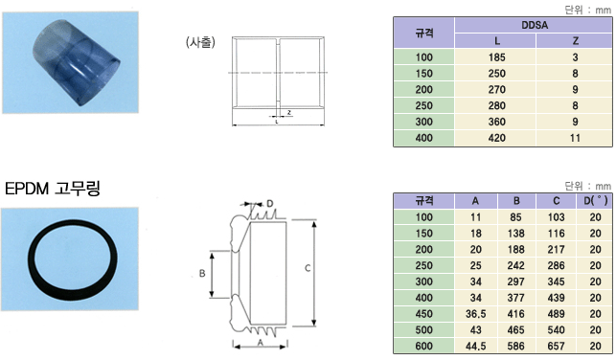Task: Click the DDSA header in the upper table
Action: click(535, 25)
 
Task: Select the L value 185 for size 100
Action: click(496, 57)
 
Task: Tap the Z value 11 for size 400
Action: click(575, 138)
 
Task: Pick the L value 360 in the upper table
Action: click(496, 122)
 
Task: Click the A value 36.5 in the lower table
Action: click(476, 314)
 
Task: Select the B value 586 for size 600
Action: click(515, 347)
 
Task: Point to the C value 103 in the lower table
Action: click(556, 217)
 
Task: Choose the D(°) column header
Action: click(595, 201)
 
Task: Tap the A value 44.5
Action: click(476, 347)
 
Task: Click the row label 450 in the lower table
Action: click(423, 314)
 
